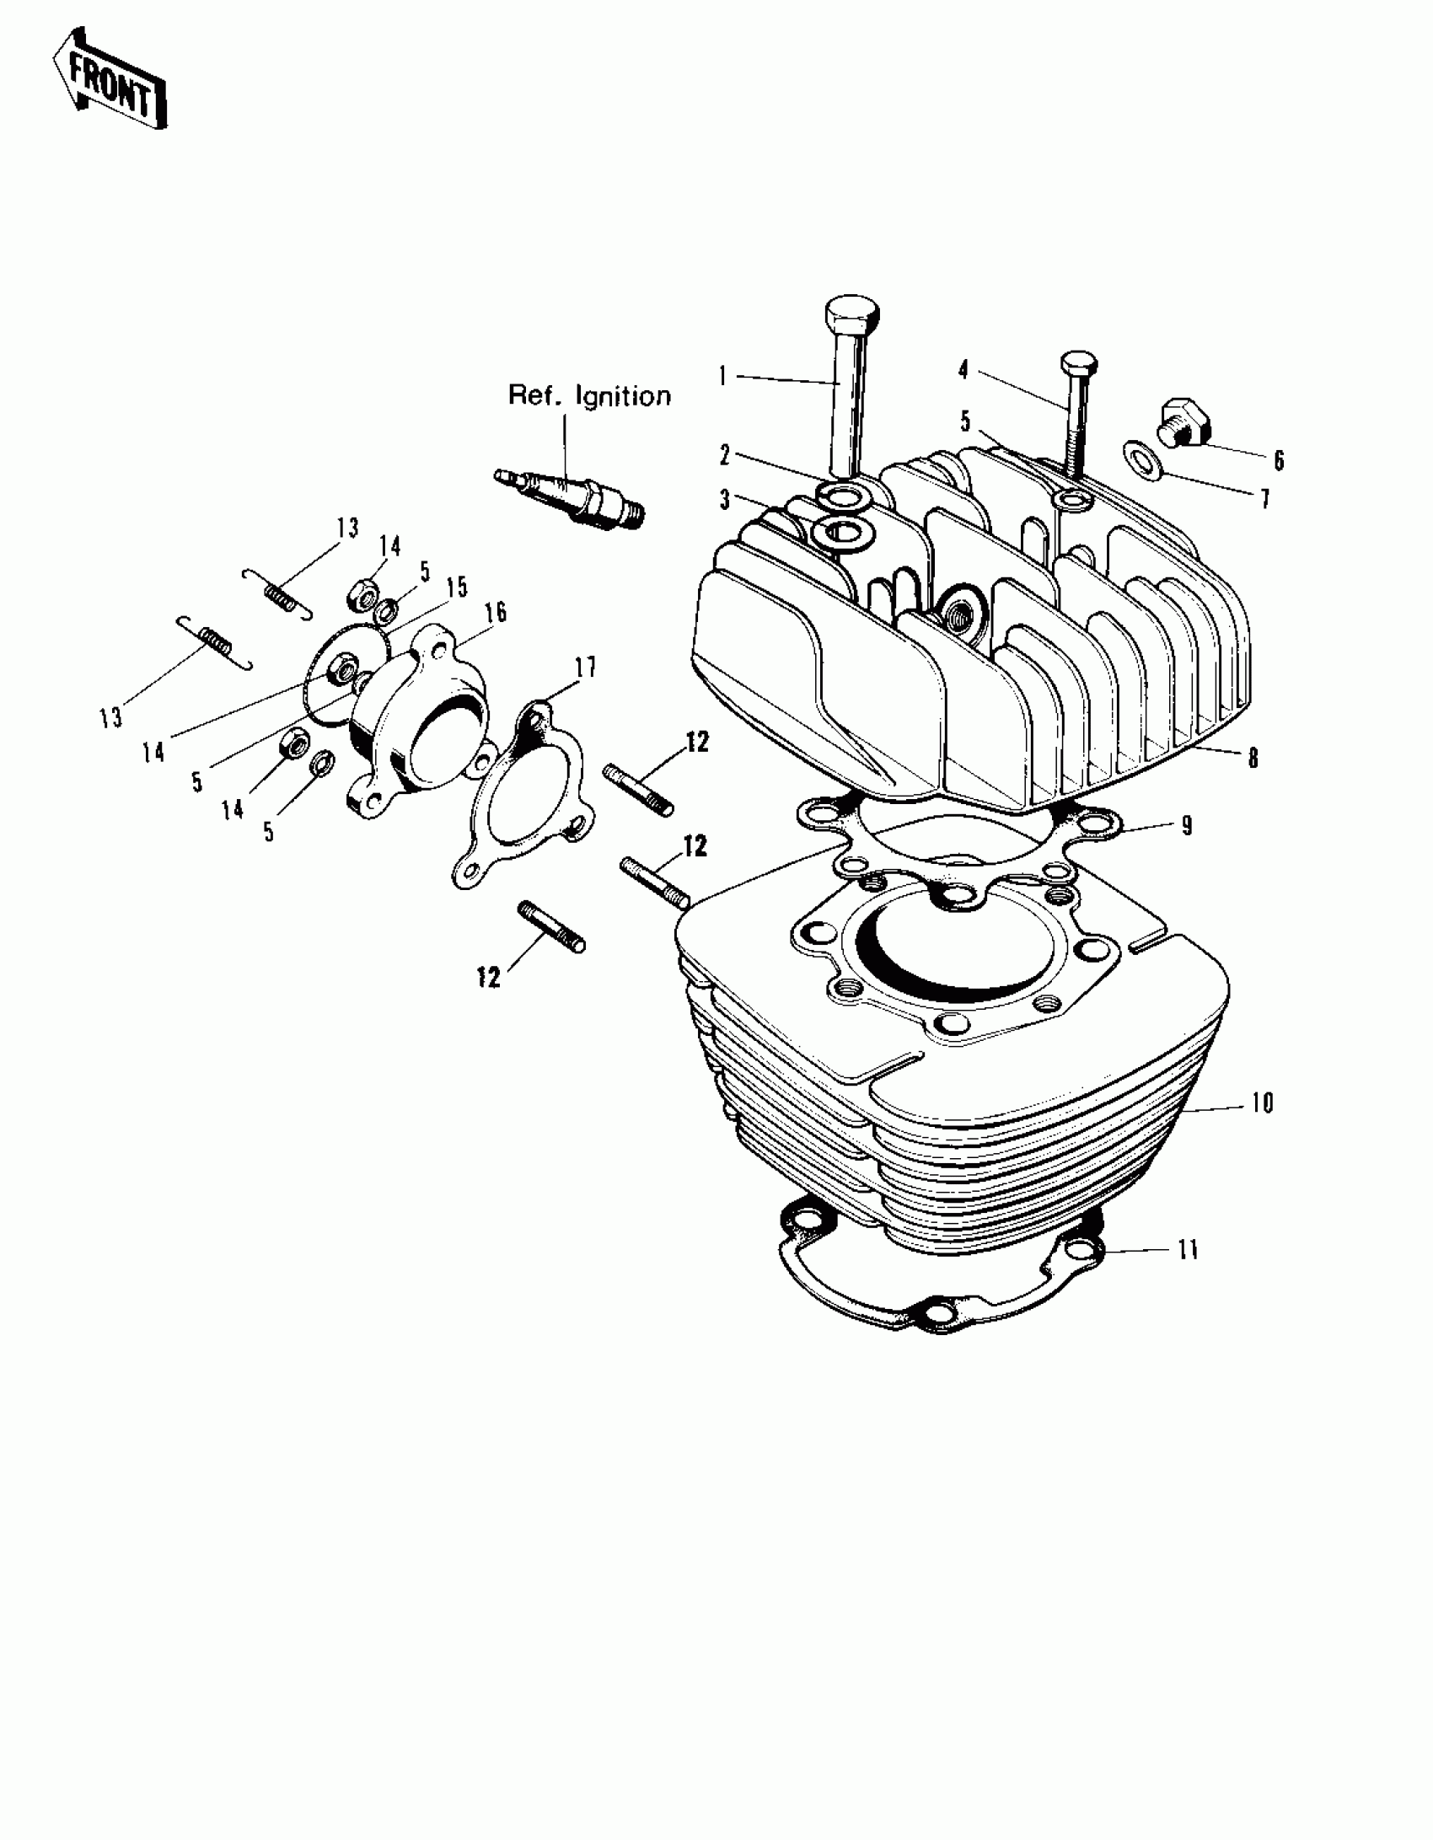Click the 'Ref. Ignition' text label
[x=589, y=395]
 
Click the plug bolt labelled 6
[x=1182, y=425]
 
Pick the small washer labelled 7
[x=1141, y=457]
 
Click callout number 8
[x=1253, y=758]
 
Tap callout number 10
[x=1261, y=1102]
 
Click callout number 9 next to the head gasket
[x=1187, y=825]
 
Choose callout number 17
[x=585, y=668]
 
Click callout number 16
[x=496, y=612]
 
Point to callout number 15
[x=456, y=587]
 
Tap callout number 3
[x=724, y=500]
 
